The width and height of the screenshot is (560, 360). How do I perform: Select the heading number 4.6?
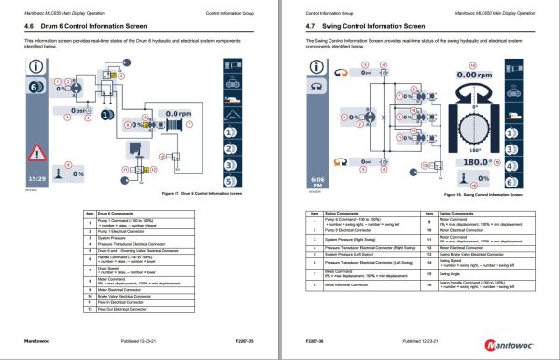pos(28,28)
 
